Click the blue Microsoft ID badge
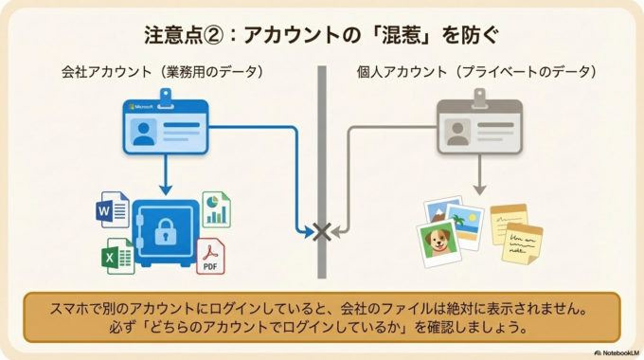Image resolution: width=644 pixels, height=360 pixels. point(167,127)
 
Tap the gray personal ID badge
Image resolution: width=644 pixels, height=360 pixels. point(479,127)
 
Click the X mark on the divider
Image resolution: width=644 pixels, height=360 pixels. point(322,230)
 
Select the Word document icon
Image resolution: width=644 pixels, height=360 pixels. point(113,208)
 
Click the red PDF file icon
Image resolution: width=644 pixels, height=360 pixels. point(210,256)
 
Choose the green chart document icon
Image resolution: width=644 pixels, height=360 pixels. point(216,209)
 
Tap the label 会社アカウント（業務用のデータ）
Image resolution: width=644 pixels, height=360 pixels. point(162,71)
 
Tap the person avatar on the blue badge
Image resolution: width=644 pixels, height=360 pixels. point(144,133)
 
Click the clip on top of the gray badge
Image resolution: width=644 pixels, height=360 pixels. point(479,95)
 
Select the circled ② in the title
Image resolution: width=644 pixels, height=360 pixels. point(217,35)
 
